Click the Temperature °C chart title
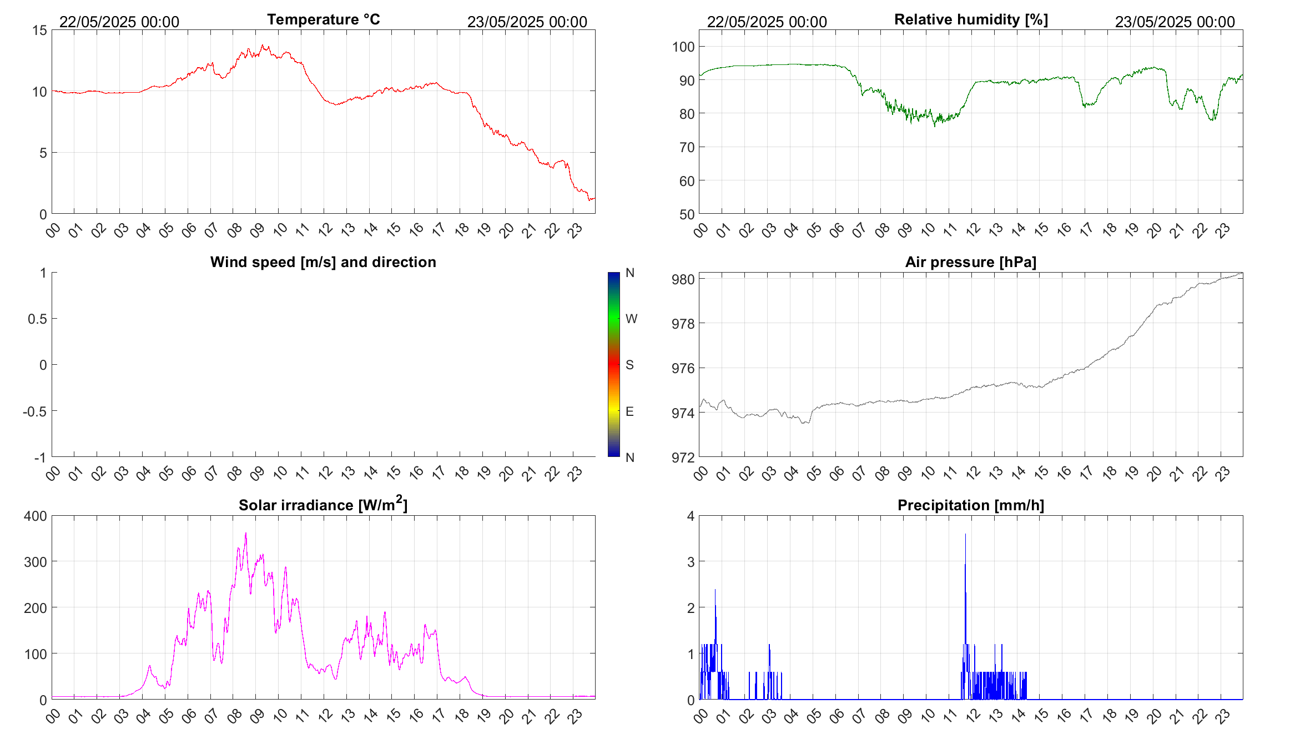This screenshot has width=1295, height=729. (x=323, y=19)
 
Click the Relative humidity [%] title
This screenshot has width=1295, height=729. (x=971, y=19)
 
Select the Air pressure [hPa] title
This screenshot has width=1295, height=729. (x=970, y=262)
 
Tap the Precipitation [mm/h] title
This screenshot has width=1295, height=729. (x=970, y=505)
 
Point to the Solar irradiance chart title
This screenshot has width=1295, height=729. (x=323, y=505)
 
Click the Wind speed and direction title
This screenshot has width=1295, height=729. (x=323, y=262)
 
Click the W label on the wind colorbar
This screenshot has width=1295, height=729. (x=631, y=319)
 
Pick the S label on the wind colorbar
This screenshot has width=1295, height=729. (x=629, y=365)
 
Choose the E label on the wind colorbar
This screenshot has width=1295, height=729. (x=629, y=411)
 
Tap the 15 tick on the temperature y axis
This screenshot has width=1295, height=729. (x=40, y=31)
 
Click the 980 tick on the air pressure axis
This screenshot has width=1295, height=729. (x=683, y=279)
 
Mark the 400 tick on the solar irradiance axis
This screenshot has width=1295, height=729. (x=36, y=516)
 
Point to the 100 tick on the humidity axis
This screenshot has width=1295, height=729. (x=683, y=47)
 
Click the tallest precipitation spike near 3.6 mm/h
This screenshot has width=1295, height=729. (x=965, y=535)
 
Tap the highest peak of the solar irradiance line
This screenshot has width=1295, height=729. (x=246, y=534)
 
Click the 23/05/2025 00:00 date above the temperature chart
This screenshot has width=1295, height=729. (x=527, y=22)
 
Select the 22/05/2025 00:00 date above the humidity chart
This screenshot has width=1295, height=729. (x=767, y=22)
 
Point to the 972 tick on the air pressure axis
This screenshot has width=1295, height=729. (x=683, y=457)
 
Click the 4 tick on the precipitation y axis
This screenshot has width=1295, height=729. (x=691, y=516)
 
